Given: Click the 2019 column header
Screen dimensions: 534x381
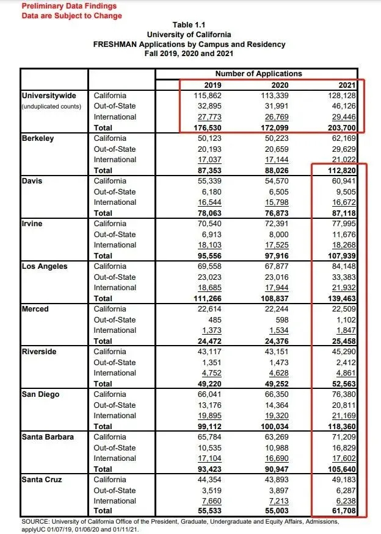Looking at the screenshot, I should (212, 85).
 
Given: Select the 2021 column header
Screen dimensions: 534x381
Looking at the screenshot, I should (346, 85).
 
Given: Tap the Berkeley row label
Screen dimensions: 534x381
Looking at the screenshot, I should (38, 138).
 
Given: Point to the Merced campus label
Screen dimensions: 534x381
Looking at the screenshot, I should (35, 309).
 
